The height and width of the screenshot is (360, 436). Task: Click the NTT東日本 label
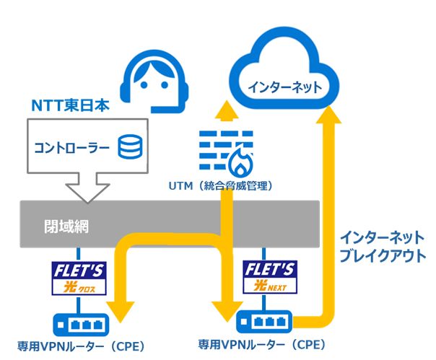(x=70, y=106)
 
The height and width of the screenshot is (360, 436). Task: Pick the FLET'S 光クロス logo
(x=79, y=278)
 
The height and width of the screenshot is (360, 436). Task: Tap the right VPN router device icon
(x=269, y=320)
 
